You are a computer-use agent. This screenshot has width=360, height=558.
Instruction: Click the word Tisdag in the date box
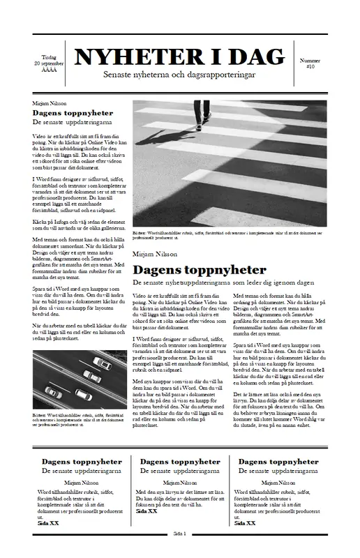tap(49, 57)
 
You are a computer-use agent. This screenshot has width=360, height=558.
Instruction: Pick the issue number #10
tap(310, 66)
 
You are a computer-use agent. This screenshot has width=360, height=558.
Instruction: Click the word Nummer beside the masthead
tap(310, 61)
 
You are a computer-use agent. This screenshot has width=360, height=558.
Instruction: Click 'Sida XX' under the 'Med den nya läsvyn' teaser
tap(147, 511)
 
